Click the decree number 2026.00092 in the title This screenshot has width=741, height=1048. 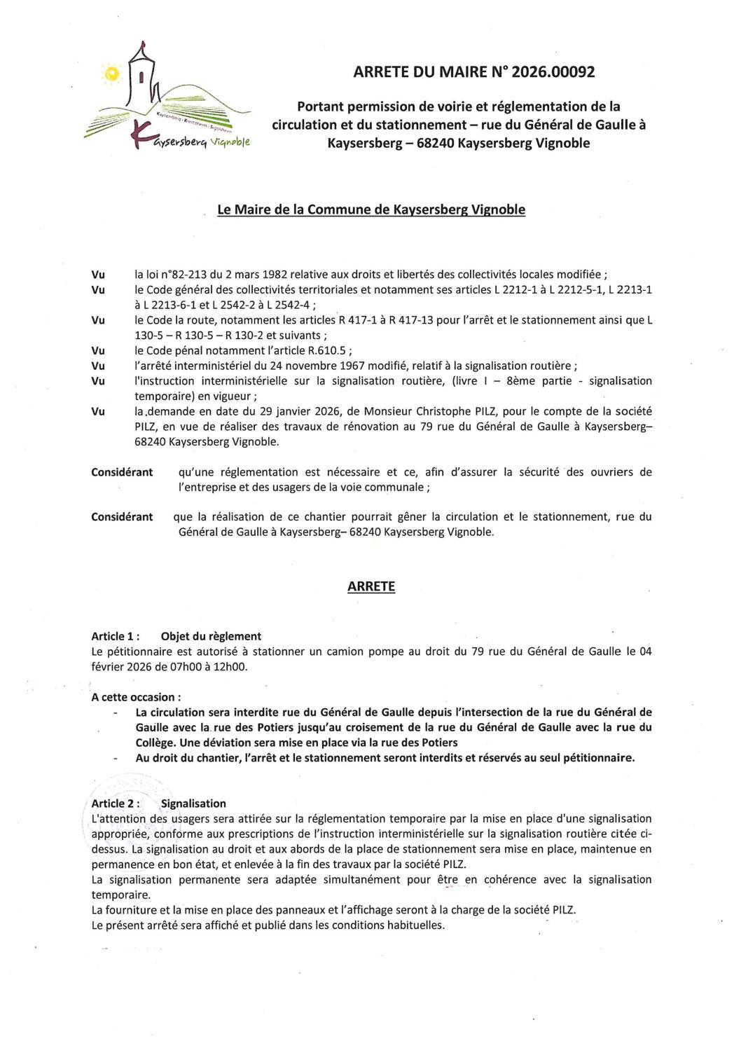click(553, 71)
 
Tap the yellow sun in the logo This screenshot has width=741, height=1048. click(111, 74)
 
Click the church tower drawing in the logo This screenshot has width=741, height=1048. click(143, 77)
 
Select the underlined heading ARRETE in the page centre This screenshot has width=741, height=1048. click(371, 586)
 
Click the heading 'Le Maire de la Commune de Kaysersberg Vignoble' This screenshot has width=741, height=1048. click(371, 209)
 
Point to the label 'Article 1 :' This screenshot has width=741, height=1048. click(116, 636)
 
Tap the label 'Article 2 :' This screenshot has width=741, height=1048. click(116, 804)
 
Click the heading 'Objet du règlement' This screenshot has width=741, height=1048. click(211, 636)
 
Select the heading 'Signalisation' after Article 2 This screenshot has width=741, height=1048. click(193, 804)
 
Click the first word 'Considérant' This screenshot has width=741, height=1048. click(122, 472)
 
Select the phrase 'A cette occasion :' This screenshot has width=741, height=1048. click(136, 697)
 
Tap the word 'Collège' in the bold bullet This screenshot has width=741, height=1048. click(155, 743)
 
